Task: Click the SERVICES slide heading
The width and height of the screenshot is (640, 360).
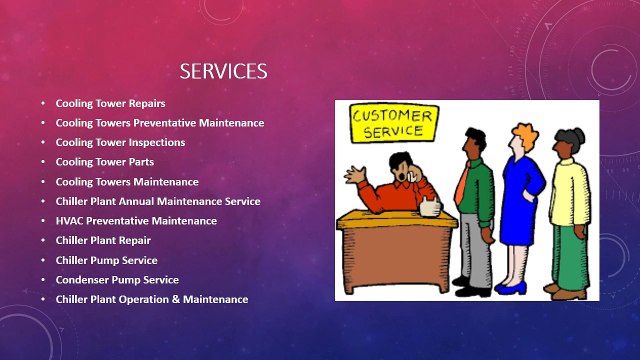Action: (x=222, y=71)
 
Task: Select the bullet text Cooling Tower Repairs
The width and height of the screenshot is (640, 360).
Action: (x=110, y=103)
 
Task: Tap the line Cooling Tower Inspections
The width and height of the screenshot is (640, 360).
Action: (x=120, y=142)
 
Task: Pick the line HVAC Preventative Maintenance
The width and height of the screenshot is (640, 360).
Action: (x=136, y=220)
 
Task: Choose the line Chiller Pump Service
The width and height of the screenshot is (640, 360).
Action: (x=106, y=260)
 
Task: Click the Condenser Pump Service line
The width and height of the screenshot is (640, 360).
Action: (x=117, y=280)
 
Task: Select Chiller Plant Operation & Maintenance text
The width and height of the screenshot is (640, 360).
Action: (x=152, y=299)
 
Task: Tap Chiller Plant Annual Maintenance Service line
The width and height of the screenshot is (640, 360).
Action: (x=158, y=201)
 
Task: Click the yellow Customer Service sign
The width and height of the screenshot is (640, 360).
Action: (x=393, y=124)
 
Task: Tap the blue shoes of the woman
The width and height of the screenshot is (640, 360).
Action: (x=511, y=288)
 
